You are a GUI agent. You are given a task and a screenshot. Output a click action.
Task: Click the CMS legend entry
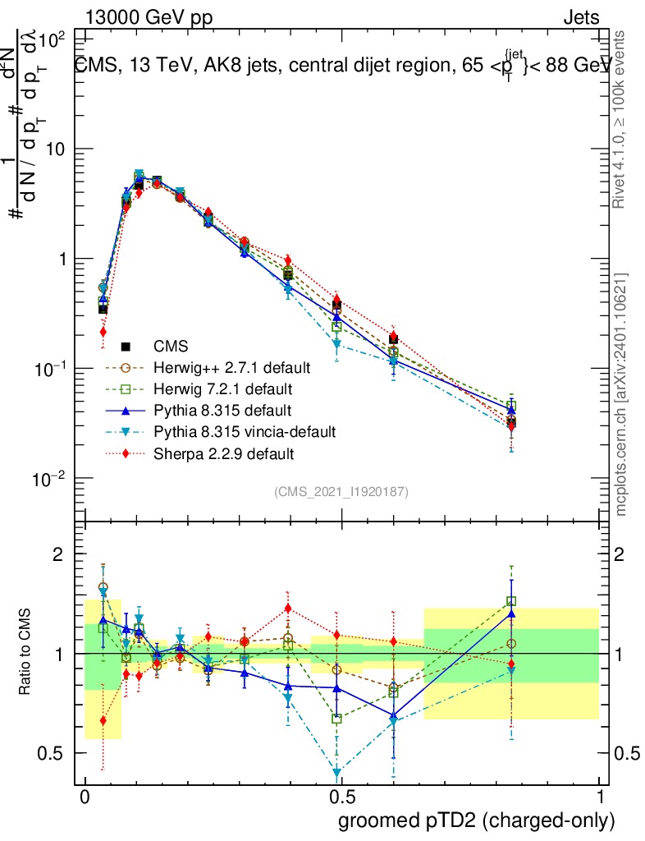pos(171,346)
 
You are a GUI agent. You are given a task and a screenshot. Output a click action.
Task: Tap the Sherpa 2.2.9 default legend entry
pos(224,453)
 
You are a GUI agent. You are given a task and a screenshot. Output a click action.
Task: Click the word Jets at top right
pos(581,17)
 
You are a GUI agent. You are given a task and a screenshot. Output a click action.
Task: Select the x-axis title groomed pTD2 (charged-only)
pos(476,820)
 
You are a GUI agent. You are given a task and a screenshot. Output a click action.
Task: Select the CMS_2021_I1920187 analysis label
pos(341,491)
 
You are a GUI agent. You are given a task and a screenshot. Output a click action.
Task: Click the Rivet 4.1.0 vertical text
pos(621,119)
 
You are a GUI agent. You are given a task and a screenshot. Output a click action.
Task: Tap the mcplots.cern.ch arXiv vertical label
pos(621,394)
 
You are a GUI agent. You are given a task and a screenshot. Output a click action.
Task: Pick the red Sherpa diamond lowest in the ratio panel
pos(103,720)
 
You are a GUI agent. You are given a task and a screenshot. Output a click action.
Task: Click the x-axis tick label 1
pos(599,797)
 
